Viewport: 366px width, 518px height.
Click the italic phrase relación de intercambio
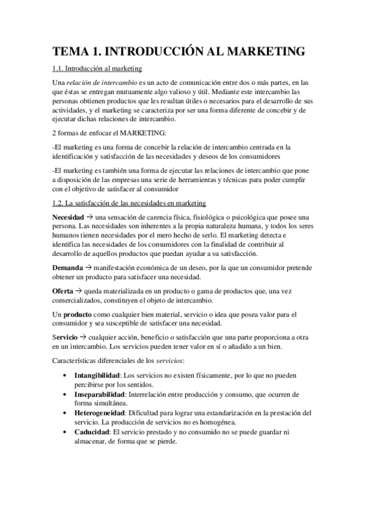tap(98, 82)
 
